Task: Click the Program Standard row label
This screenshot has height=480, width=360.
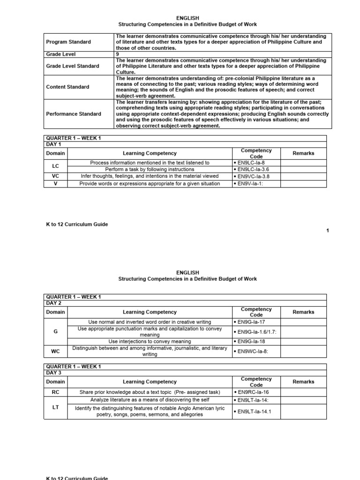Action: pos(68,42)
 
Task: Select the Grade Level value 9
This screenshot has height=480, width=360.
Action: pos(117,54)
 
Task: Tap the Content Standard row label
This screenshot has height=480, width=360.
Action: pos(67,87)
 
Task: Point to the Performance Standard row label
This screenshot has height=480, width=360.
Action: pos(73,114)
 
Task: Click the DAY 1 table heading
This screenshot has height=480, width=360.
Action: pos(53,144)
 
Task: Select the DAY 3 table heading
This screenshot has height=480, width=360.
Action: pos(53,373)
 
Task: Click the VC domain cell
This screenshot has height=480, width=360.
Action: pos(55,176)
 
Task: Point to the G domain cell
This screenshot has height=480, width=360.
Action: pos(55,332)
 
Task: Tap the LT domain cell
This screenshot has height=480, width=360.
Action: pos(55,408)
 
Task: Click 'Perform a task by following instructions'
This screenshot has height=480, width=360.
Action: pos(150,169)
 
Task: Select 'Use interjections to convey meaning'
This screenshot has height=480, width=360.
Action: pos(150,341)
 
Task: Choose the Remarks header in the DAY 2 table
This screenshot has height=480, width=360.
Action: pos(303,312)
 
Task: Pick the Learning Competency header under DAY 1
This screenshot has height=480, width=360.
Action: pos(150,153)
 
